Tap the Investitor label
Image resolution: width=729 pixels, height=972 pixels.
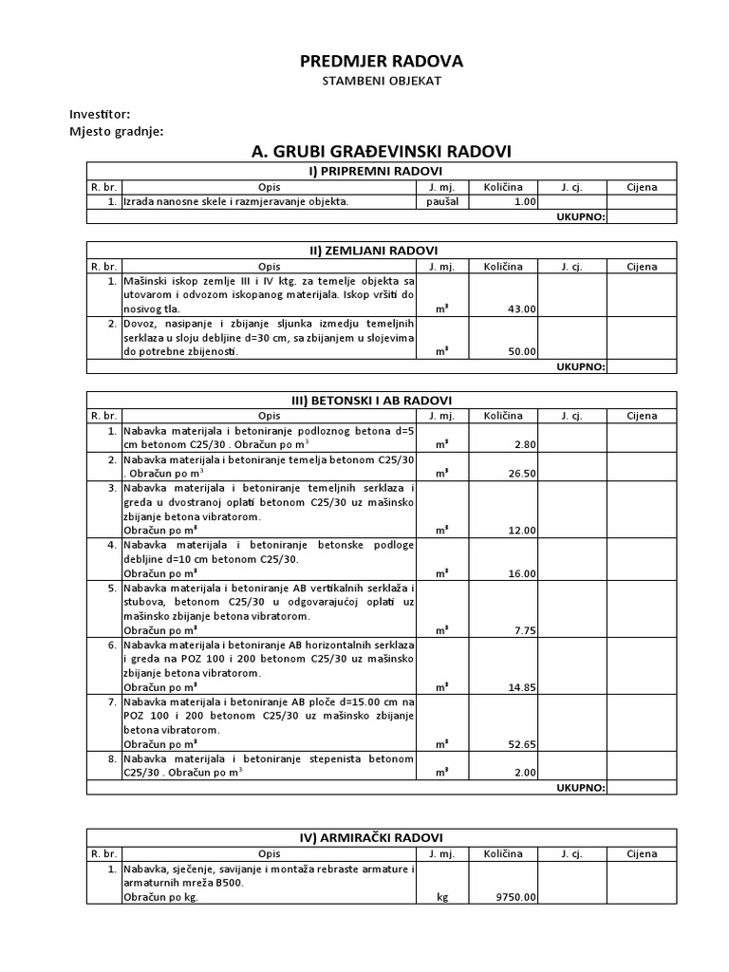[100, 114]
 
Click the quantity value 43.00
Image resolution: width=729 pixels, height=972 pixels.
[522, 308]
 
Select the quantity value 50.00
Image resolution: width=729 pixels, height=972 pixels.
[522, 351]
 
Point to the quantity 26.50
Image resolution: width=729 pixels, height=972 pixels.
[522, 473]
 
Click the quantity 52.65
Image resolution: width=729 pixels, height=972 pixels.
[522, 744]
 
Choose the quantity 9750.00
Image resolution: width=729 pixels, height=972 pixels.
[516, 896]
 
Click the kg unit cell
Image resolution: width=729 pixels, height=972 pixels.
[441, 896]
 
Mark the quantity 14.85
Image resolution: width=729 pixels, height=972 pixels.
[522, 687]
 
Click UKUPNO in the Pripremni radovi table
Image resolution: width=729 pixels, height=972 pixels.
[580, 216]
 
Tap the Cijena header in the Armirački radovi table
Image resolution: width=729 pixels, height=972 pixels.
[641, 852]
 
